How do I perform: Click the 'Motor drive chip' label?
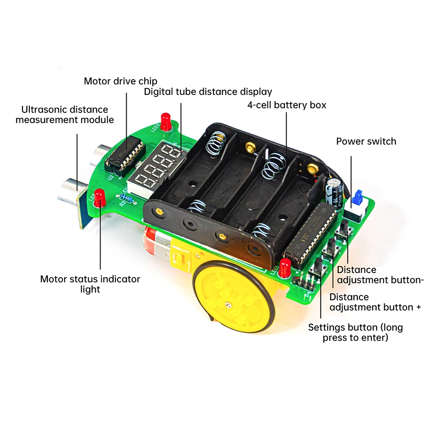click(x=121, y=81)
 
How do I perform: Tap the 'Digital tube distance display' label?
click(x=208, y=92)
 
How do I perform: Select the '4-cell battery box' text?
click(x=287, y=105)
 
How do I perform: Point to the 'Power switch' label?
click(x=366, y=141)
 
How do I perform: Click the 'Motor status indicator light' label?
click(x=90, y=284)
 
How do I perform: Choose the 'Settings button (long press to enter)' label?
click(x=355, y=333)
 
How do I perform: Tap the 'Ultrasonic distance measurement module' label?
click(x=65, y=115)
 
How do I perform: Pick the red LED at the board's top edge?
click(x=165, y=120)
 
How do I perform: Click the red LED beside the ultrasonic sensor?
click(x=100, y=197)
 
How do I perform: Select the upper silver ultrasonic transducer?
click(x=101, y=153)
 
